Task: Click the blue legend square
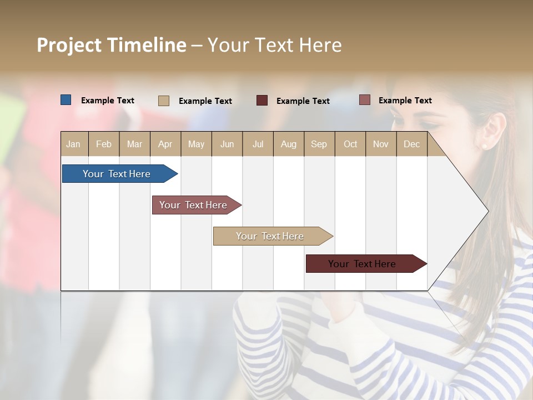coord(66,100)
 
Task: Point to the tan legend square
coord(164,101)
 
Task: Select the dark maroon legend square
coord(262,101)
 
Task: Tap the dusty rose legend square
coord(365,100)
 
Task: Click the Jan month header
coord(73,144)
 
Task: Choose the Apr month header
coord(165,144)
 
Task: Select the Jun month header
coord(227,144)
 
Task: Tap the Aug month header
coord(289,144)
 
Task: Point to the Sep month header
coord(319,144)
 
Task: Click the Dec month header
coord(412,144)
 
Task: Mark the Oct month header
coord(350,144)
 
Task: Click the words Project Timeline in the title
coord(112,45)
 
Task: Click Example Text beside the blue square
coord(108,101)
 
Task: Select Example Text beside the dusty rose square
coord(405,101)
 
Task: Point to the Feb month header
coord(104,144)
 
